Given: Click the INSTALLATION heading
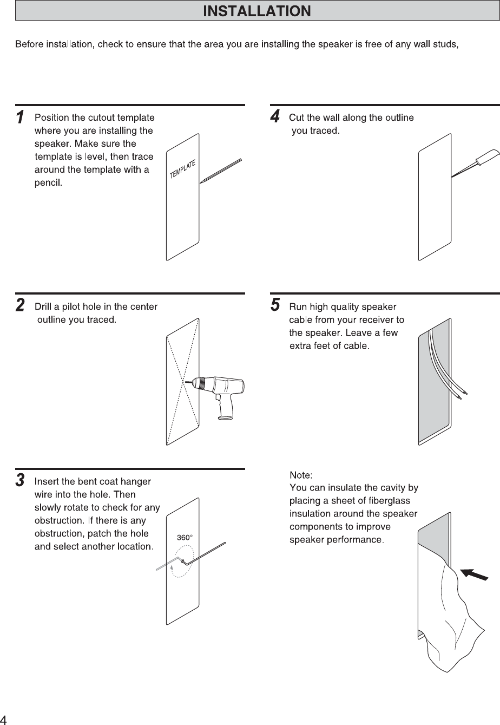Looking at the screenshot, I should point(256,11).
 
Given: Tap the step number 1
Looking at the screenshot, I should point(19,117).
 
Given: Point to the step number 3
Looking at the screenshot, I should point(20,480).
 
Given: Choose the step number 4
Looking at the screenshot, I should point(275,116).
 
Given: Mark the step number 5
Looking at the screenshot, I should point(275,305).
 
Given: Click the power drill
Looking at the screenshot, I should point(219,393).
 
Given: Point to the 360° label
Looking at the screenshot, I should point(185,538).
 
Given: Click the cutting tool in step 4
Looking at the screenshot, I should point(476,163).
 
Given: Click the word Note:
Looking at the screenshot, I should point(301,475).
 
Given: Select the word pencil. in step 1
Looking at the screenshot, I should point(49,182).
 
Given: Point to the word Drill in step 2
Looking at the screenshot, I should point(44,307).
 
